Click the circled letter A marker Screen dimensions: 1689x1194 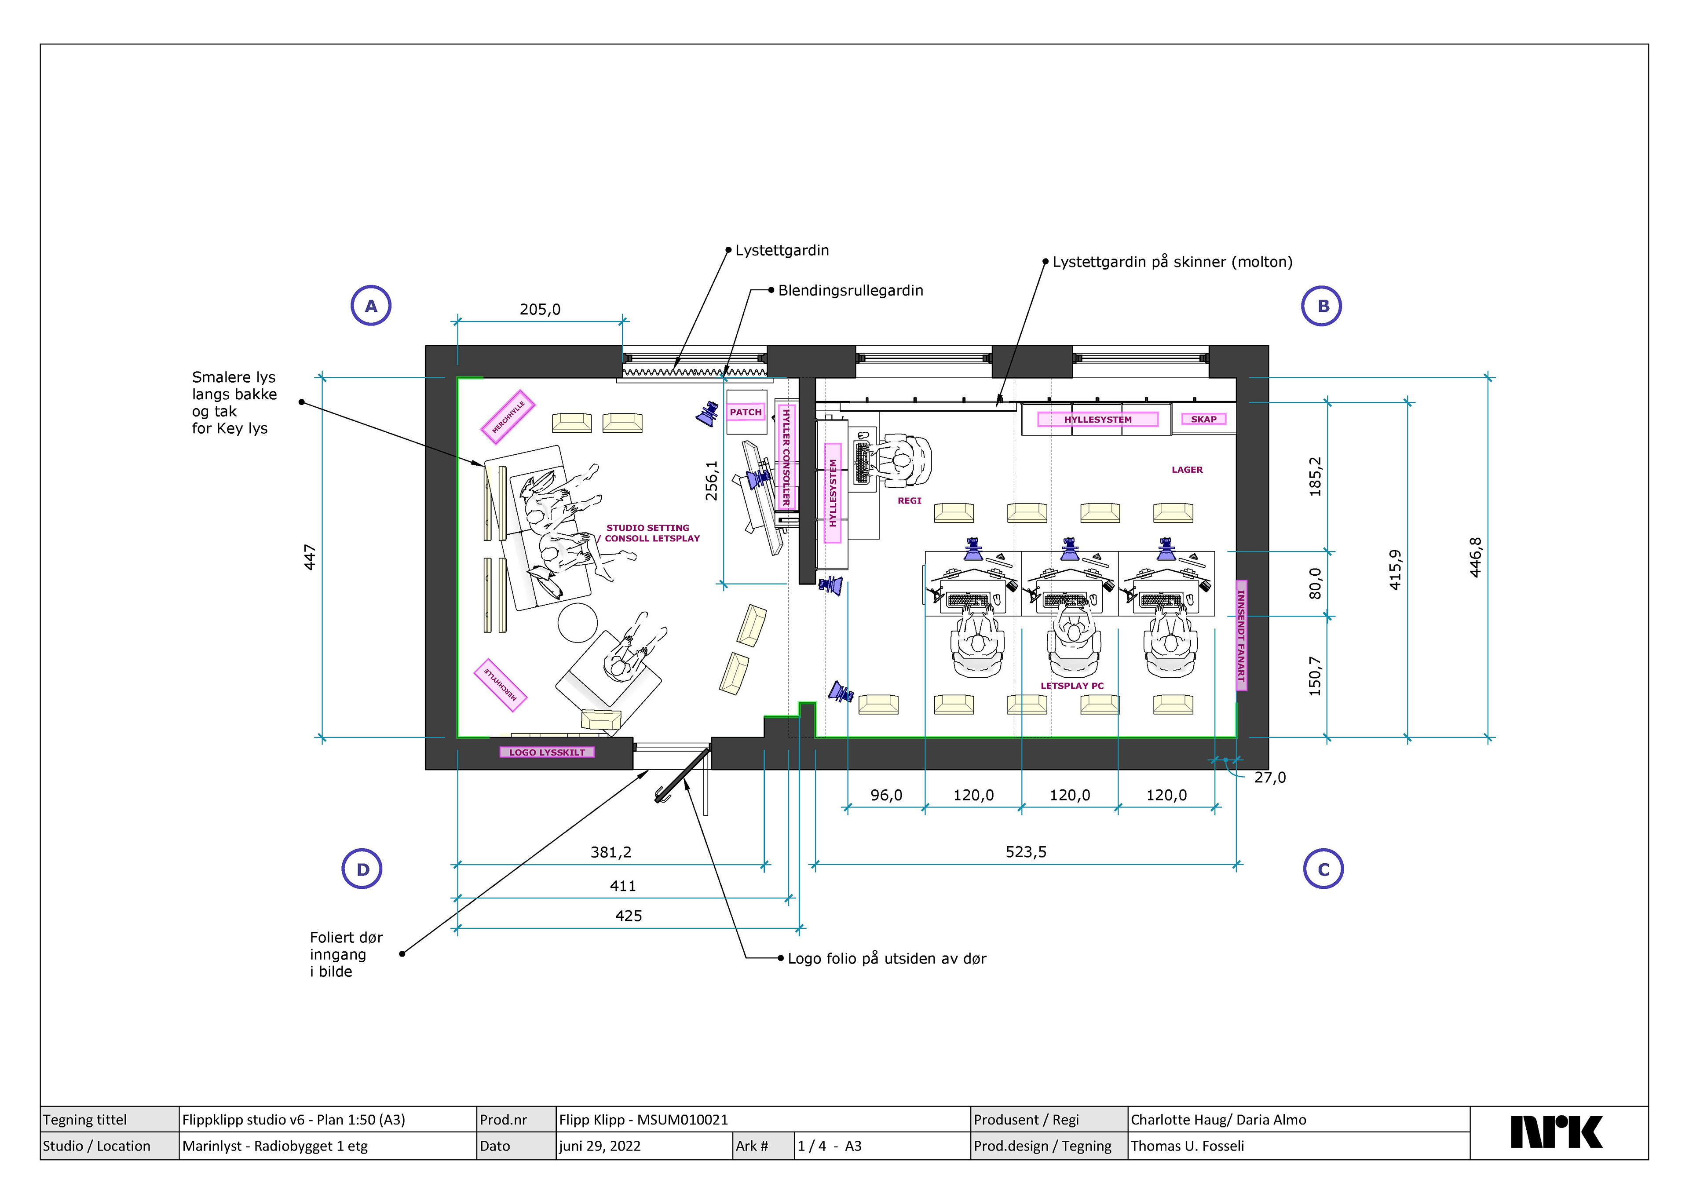coord(371,306)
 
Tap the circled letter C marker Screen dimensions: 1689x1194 coord(1323,869)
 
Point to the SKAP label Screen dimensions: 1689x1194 coord(1203,420)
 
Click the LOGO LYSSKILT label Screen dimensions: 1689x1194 coord(547,752)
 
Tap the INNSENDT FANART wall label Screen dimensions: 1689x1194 coord(1241,635)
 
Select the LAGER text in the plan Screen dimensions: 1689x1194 coord(1187,469)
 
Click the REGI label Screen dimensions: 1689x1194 coord(909,500)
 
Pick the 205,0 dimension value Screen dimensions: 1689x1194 coord(540,309)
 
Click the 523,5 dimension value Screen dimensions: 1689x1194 coord(1025,852)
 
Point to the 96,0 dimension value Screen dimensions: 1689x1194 coord(886,795)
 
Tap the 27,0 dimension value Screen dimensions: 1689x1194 coord(1270,778)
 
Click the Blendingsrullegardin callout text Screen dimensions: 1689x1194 coord(850,291)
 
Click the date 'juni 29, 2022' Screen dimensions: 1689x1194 coord(600,1146)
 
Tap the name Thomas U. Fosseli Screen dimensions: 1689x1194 coord(1187,1146)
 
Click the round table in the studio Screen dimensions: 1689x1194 coord(578,622)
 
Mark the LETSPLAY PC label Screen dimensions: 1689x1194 coord(1072,686)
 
